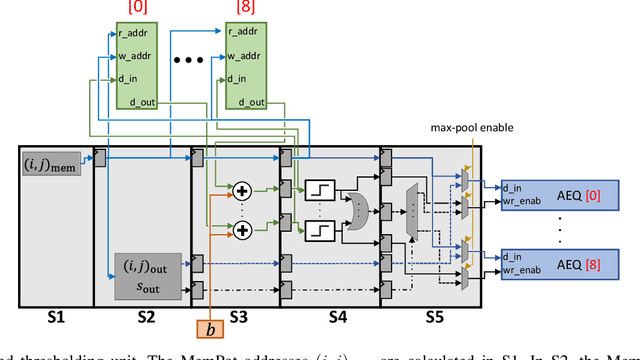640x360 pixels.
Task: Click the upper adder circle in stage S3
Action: [241, 188]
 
